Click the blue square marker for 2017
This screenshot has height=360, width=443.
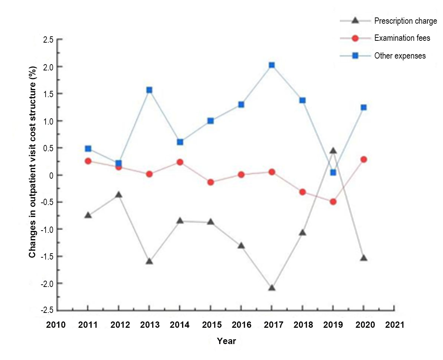[272, 65]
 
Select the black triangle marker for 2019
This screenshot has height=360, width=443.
[333, 151]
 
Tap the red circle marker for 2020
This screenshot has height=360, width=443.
[364, 159]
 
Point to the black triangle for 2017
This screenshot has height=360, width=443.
[272, 288]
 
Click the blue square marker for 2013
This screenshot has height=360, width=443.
[149, 90]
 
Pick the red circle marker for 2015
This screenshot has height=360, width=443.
[210, 182]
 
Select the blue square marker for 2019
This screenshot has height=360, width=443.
[333, 172]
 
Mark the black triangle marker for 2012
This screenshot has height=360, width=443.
[118, 195]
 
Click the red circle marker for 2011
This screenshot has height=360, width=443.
[88, 161]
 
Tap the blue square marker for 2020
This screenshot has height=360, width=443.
[364, 108]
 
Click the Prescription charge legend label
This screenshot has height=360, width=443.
[406, 21]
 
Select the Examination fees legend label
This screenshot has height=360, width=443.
[402, 38]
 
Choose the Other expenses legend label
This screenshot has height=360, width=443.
[400, 56]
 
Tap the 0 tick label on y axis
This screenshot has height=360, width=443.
[52, 175]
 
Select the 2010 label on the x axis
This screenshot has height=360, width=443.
[56, 325]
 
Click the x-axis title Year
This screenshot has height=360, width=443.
[226, 341]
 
